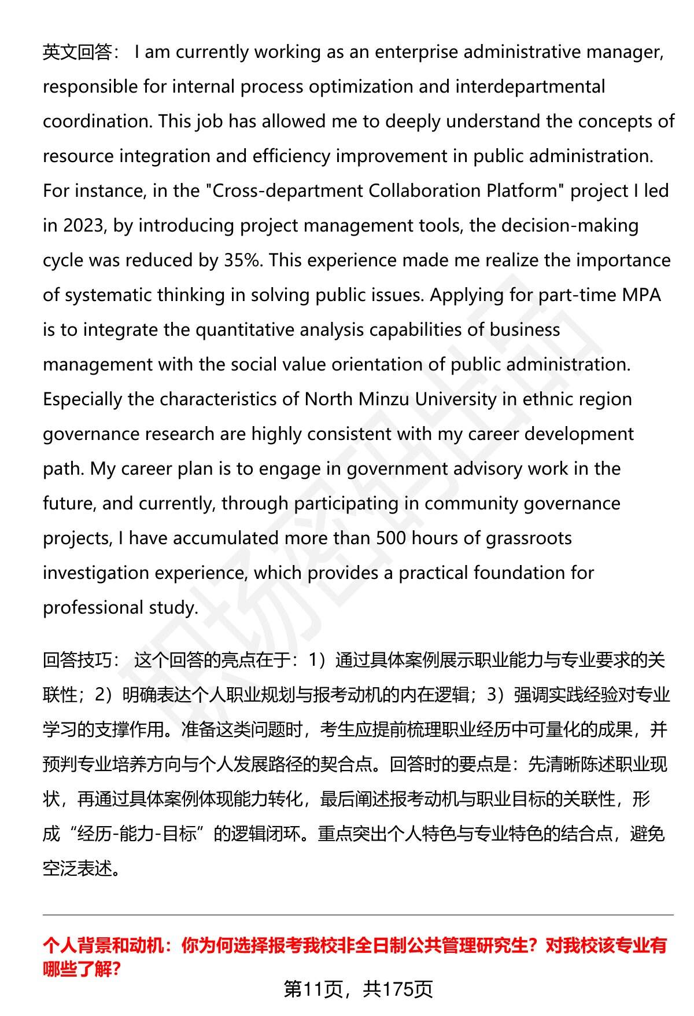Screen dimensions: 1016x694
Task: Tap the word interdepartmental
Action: pyautogui.click(x=530, y=87)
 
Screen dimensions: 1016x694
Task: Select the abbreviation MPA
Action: pyautogui.click(x=641, y=296)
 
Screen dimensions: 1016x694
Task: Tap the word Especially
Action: pyautogui.click(x=83, y=400)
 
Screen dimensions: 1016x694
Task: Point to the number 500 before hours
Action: pyautogui.click(x=390, y=539)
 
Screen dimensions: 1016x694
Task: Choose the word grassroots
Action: pyautogui.click(x=529, y=539)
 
